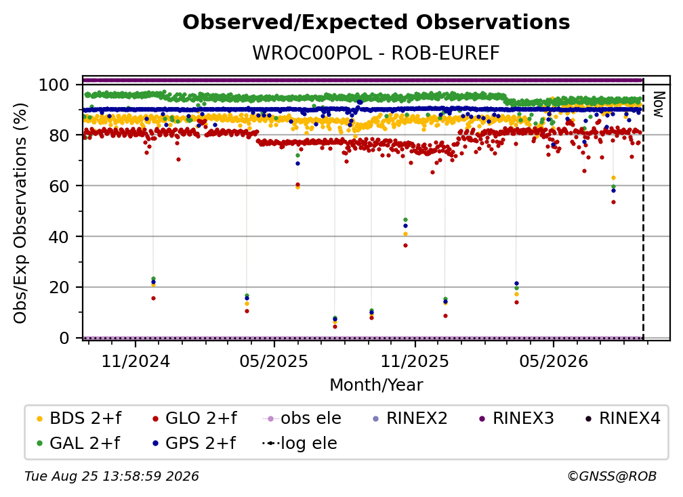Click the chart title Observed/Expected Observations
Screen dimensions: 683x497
(376, 22)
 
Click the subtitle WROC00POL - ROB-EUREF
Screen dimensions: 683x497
(376, 53)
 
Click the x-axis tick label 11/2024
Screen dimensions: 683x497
(136, 361)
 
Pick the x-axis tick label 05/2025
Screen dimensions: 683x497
(274, 361)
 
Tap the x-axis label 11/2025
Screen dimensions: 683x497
(415, 361)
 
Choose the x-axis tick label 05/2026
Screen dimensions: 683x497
(553, 361)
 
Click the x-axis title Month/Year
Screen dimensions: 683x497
(376, 385)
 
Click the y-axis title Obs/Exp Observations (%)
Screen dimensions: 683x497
(20, 213)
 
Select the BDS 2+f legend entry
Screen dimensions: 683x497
(79, 418)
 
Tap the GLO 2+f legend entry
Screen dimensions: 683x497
(194, 418)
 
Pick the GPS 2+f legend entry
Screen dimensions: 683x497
(193, 443)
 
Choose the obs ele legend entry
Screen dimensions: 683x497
(302, 418)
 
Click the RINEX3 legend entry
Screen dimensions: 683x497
(516, 418)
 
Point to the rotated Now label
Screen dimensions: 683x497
(659, 104)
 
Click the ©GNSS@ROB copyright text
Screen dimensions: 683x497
(612, 477)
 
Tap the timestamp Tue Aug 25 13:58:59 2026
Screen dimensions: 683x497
(112, 477)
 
